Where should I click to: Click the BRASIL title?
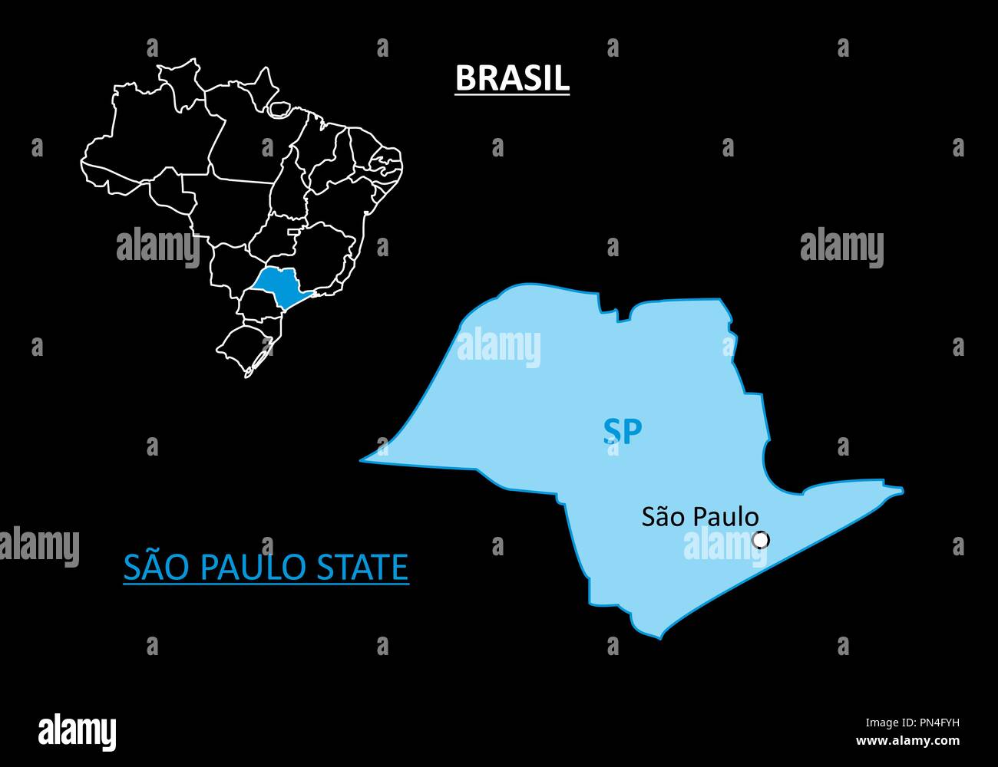coord(512,77)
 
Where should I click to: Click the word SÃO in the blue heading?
coord(150,568)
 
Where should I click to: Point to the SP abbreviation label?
coord(622,432)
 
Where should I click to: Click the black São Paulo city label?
coord(700,517)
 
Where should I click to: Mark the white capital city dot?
coord(761,540)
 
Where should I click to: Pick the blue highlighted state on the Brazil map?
coord(279,285)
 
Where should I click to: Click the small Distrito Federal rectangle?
coord(296,229)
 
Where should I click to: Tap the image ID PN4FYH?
coord(934,722)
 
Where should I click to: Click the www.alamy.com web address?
coord(907,740)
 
